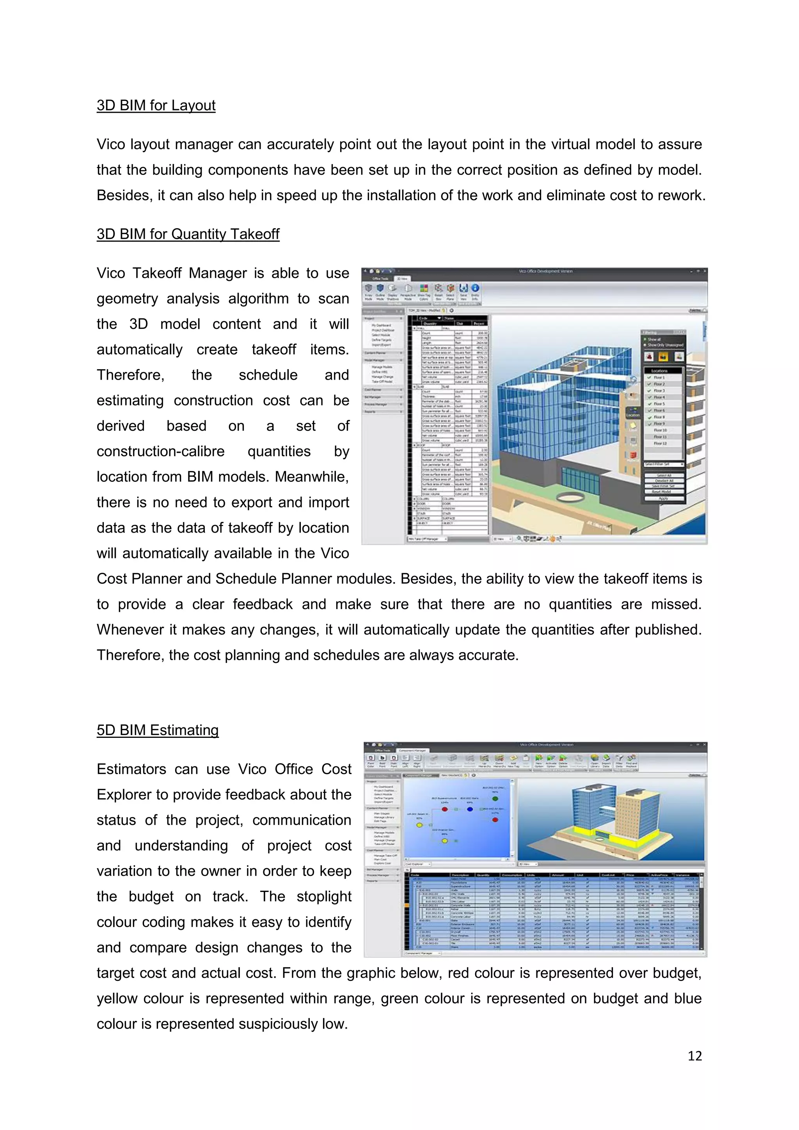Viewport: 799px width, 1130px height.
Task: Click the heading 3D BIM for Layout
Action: (156, 105)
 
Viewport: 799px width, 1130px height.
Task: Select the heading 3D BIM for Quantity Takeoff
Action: (188, 234)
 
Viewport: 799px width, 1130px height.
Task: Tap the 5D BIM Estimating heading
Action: (158, 730)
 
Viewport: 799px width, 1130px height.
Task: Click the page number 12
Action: (694, 1056)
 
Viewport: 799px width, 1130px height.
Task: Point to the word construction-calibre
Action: (160, 451)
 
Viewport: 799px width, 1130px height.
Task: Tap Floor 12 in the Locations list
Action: (660, 443)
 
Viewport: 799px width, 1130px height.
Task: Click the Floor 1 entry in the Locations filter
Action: (659, 377)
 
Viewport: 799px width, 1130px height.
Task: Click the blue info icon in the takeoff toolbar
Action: (475, 288)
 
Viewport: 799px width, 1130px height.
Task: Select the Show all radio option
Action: (654, 339)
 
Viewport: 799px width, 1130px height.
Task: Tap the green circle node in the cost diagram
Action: (495, 798)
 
